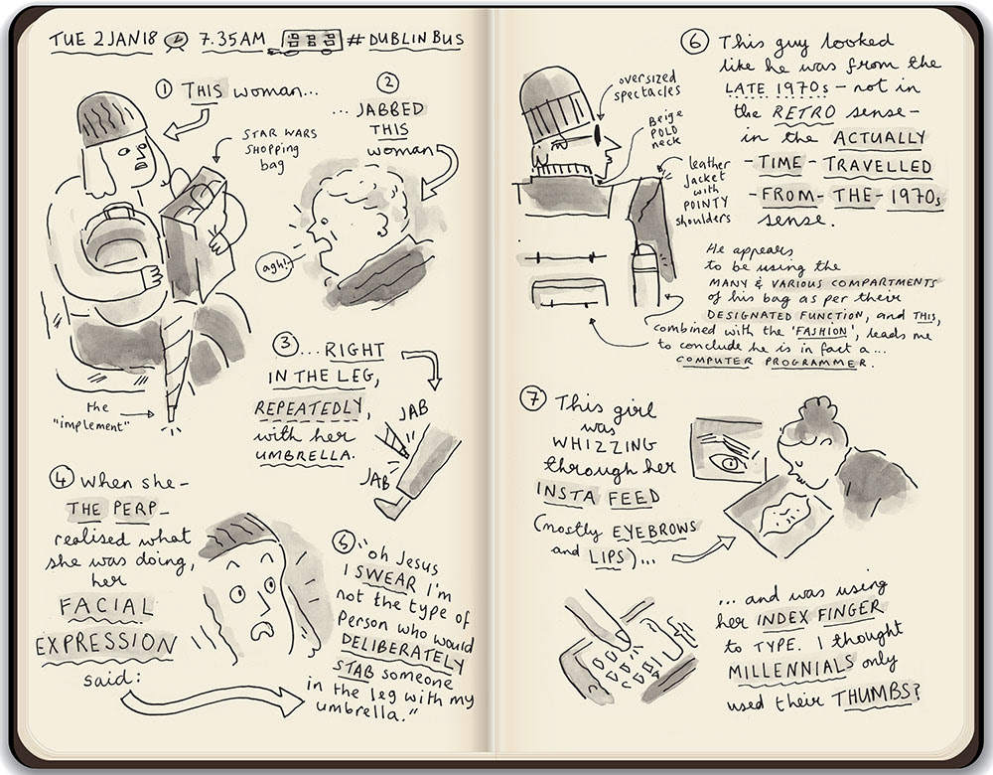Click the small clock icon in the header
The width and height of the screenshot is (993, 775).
(x=176, y=40)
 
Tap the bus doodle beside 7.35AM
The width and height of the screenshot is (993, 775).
(x=311, y=40)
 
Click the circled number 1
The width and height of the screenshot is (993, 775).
(x=164, y=89)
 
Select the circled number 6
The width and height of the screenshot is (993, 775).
(x=694, y=42)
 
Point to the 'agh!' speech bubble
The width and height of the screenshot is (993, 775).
(x=274, y=266)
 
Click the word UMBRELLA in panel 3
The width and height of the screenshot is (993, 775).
(x=303, y=456)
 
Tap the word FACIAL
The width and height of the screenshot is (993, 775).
(x=106, y=607)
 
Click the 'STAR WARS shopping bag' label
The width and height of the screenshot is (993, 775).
(x=279, y=149)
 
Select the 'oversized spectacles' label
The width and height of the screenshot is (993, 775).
(x=645, y=86)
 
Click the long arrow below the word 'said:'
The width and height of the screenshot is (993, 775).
(x=213, y=700)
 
